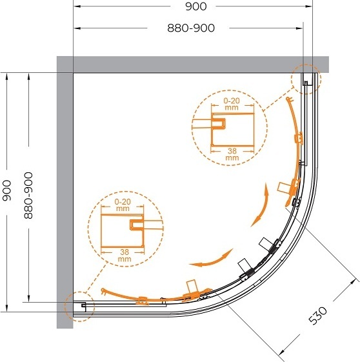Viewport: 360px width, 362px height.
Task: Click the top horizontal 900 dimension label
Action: pos(196,6)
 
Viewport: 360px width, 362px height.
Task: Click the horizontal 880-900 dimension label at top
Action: pos(191,28)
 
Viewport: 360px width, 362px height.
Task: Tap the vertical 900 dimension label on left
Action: pos(6,190)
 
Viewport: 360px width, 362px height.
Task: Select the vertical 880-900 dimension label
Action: pos(28,196)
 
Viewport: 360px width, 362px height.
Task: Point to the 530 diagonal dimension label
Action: pos(318,316)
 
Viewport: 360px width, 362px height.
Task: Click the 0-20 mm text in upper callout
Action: pos(232,104)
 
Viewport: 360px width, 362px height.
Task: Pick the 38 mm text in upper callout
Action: pos(232,154)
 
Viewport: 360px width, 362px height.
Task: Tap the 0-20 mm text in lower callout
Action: pos(123,205)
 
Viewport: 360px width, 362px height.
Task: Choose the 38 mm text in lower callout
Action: pos(124,256)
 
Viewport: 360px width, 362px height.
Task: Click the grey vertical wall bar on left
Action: pos(65,192)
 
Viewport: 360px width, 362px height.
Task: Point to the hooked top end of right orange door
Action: pos(289,99)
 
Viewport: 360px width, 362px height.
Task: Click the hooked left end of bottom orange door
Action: pos(103,291)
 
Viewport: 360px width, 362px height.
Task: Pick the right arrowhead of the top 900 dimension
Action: pos(309,6)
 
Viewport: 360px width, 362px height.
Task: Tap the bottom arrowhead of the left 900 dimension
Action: pos(6,308)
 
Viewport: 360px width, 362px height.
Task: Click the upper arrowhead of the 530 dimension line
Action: pos(354,282)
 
